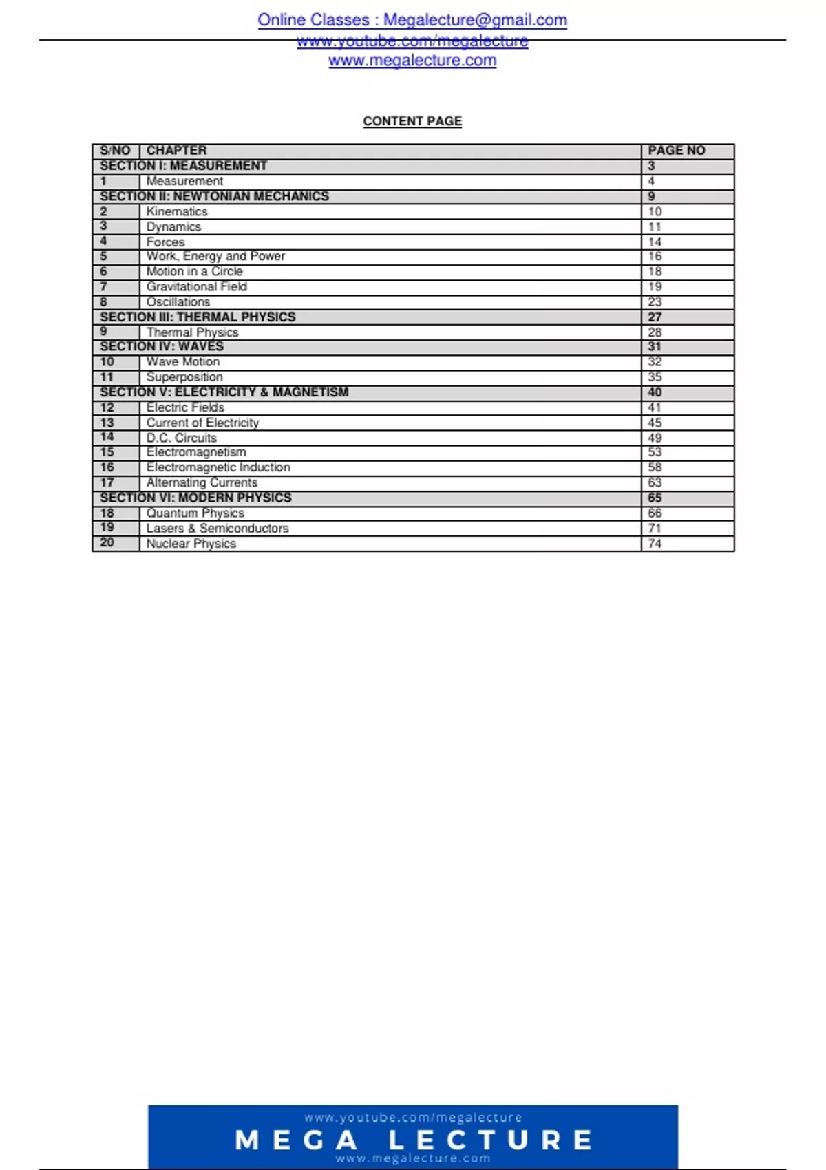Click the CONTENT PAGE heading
pyautogui.click(x=412, y=121)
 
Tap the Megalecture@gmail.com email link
pyautogui.click(x=475, y=20)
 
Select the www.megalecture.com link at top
pyautogui.click(x=412, y=61)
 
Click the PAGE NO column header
pyautogui.click(x=676, y=151)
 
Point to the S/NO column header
pyautogui.click(x=115, y=151)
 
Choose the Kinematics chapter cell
pyautogui.click(x=177, y=212)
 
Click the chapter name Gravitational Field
pyautogui.click(x=196, y=287)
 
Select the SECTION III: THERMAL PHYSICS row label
pyautogui.click(x=198, y=317)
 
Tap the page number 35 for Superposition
pyautogui.click(x=655, y=377)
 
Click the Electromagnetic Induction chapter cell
pyautogui.click(x=218, y=467)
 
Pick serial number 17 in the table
pyautogui.click(x=107, y=482)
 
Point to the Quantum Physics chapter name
pyautogui.click(x=195, y=513)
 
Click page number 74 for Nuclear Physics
pyautogui.click(x=655, y=544)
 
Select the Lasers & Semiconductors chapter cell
pyautogui.click(x=218, y=529)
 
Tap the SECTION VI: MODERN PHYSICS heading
pyautogui.click(x=195, y=498)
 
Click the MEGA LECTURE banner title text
pyautogui.click(x=413, y=1140)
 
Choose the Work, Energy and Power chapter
pyautogui.click(x=215, y=256)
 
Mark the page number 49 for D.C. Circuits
pyautogui.click(x=655, y=438)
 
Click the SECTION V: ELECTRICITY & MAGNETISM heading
pyautogui.click(x=224, y=392)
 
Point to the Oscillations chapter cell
pyautogui.click(x=178, y=302)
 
